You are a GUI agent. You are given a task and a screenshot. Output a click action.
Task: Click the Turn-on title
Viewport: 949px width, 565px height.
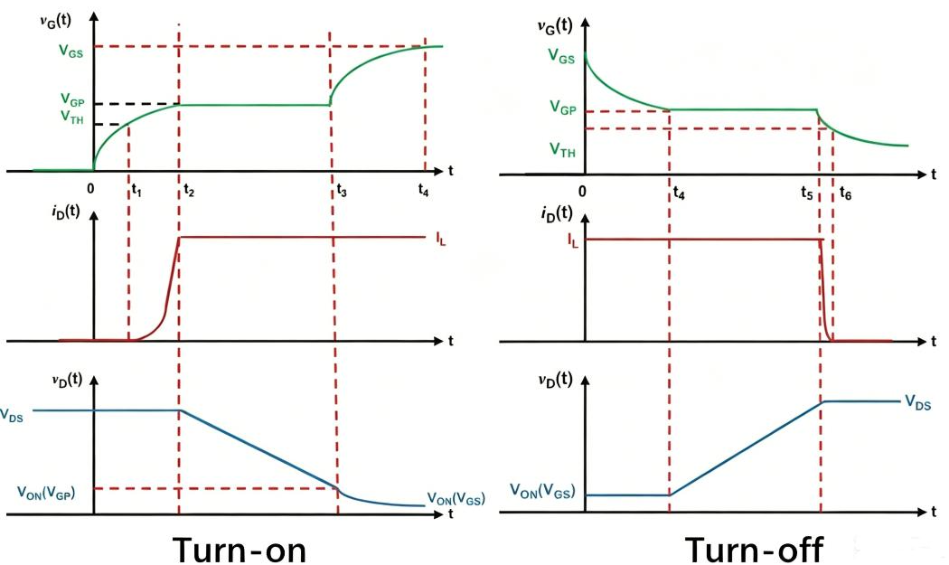click(x=240, y=550)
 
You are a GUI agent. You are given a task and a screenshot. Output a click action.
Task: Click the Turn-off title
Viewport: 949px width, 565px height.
click(x=754, y=550)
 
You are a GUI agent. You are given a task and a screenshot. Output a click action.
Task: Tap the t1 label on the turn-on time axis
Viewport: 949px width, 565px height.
click(x=136, y=191)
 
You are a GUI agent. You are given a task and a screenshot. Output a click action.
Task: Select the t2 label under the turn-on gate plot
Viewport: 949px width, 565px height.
click(x=189, y=191)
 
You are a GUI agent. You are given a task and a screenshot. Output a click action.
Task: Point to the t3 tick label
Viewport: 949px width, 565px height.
click(x=342, y=191)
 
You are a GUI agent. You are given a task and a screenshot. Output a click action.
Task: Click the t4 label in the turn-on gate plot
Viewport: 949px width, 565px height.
click(x=423, y=190)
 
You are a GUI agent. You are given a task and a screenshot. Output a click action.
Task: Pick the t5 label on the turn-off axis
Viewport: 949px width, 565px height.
click(x=807, y=193)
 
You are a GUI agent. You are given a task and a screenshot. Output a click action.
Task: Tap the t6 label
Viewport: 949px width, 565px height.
click(x=845, y=193)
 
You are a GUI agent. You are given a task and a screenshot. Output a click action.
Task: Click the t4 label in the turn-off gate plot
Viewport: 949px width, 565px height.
click(x=679, y=193)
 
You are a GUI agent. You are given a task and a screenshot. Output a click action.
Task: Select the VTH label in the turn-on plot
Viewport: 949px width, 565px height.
click(x=72, y=117)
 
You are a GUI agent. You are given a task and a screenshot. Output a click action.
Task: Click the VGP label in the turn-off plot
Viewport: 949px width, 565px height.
click(x=563, y=108)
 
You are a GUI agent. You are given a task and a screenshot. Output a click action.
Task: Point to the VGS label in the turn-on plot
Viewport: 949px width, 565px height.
click(x=70, y=51)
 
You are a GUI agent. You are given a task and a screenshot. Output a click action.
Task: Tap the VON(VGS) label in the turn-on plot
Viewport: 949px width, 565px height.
click(x=456, y=498)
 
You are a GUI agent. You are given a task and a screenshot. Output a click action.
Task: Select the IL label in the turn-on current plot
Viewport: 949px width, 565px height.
click(x=441, y=239)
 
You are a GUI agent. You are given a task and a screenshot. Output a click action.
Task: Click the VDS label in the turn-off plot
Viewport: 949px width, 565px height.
click(x=917, y=402)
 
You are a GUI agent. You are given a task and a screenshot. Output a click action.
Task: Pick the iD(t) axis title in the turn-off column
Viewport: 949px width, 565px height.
click(x=556, y=213)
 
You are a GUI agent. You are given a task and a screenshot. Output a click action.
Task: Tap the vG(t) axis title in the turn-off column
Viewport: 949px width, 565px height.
click(x=555, y=26)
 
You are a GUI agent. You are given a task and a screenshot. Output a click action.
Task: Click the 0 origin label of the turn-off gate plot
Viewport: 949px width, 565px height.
click(x=582, y=192)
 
